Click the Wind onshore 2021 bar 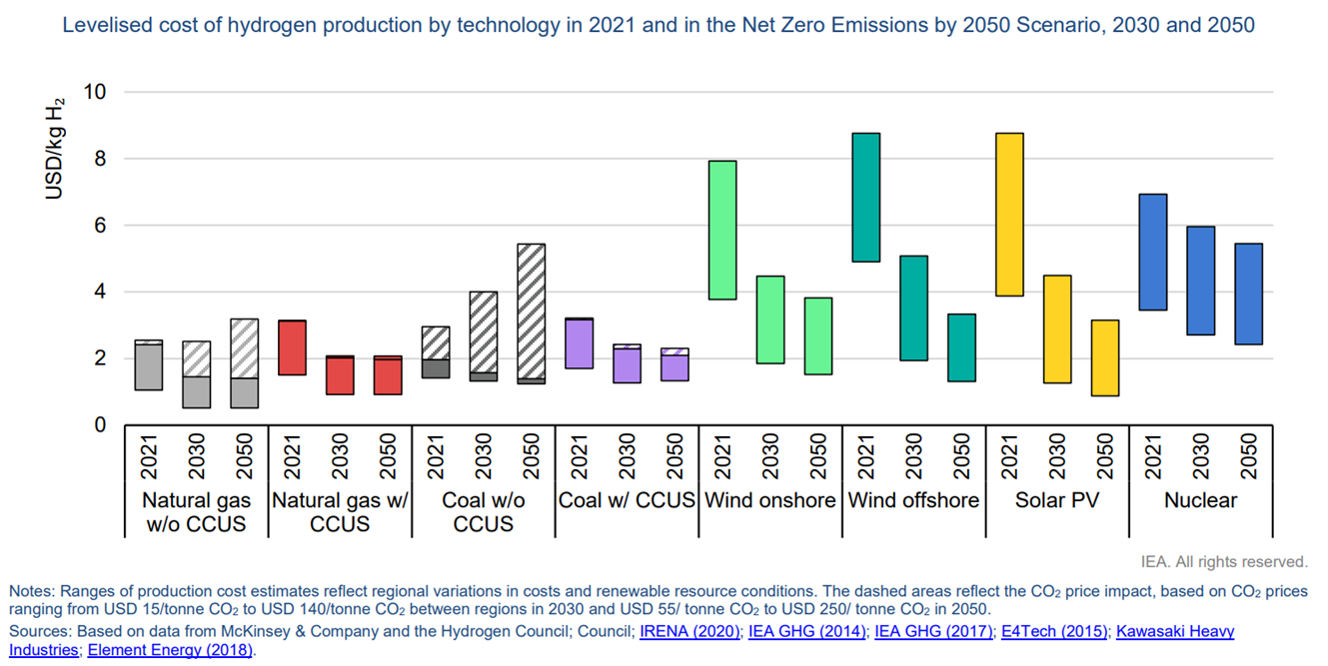point(721,230)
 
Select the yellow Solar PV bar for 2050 point(1104,357)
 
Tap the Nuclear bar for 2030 point(1200,281)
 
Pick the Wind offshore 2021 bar point(865,197)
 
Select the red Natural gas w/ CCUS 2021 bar point(292,347)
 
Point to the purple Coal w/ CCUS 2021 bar point(579,343)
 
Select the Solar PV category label point(1057,500)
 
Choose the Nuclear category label point(1200,500)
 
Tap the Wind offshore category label point(913,500)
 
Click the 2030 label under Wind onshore point(770,457)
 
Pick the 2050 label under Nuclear point(1248,457)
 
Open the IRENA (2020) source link point(690,631)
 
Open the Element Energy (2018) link point(170,650)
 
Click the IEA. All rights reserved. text point(1223,562)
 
